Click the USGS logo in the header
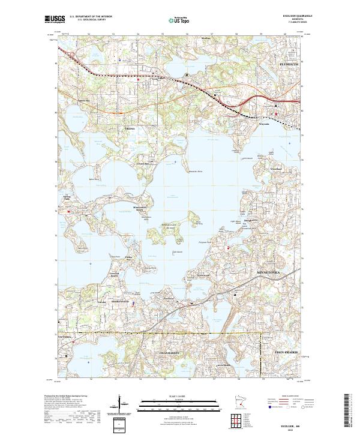pos(55,19)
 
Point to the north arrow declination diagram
pos(120,404)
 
